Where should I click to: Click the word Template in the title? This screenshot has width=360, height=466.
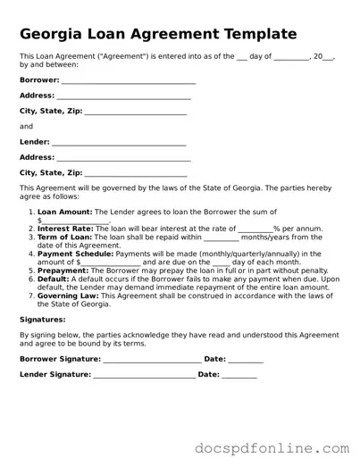253,35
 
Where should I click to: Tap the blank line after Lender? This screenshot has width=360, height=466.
119,142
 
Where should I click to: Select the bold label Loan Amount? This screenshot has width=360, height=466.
65,212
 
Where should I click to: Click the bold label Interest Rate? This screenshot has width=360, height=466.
65,229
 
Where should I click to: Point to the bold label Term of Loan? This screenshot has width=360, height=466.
65,237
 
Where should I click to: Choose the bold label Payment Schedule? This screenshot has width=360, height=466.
75,254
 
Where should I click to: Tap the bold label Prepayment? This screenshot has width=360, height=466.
63,270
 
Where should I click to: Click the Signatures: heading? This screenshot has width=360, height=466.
42,319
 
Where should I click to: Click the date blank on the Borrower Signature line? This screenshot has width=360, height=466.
246,359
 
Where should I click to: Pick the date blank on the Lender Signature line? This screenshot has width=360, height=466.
239,375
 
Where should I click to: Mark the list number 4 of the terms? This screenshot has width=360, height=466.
31,254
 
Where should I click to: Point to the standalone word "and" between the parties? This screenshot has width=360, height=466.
26,127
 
